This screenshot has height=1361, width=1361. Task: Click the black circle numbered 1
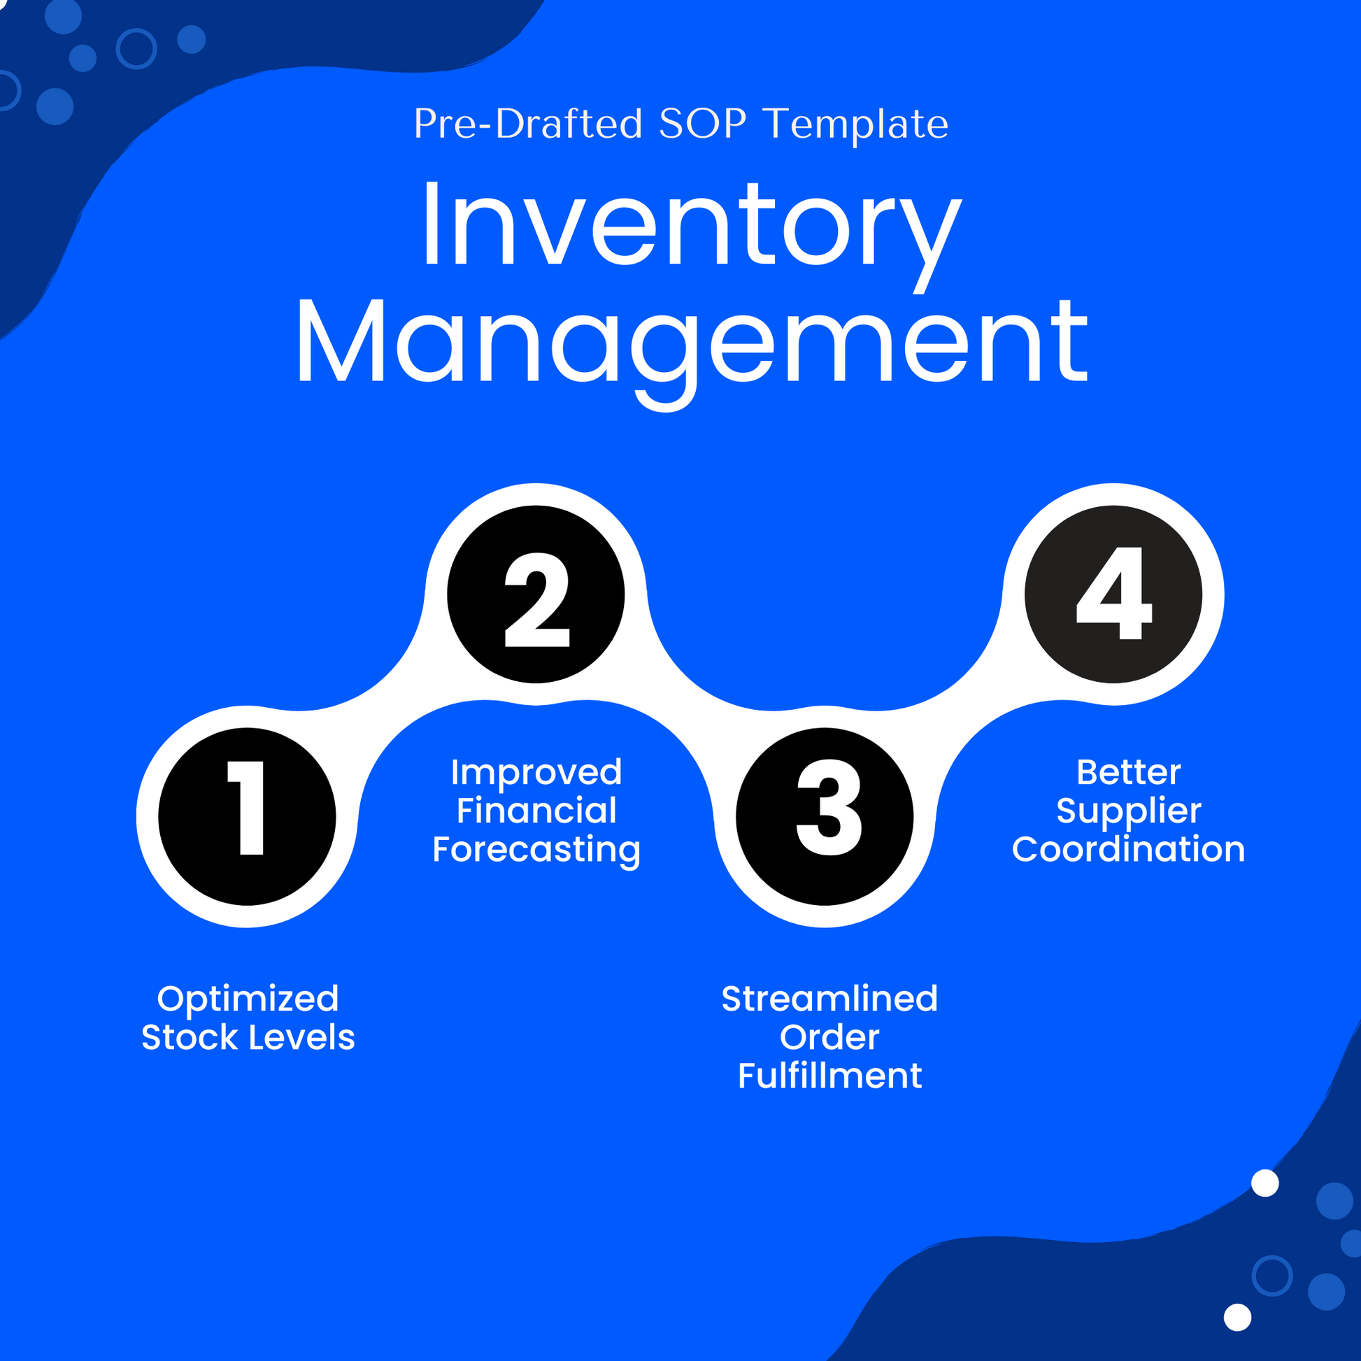pos(247,816)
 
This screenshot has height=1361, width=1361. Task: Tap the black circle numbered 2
pos(536,594)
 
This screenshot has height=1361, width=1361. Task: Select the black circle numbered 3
pos(824,816)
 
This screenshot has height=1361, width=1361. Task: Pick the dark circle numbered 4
pos(1113,594)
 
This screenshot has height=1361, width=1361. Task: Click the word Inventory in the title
pos(690,225)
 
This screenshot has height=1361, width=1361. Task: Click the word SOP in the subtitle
pos(702,124)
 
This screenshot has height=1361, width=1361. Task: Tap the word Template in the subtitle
pos(856,124)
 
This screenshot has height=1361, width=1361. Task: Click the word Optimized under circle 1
pos(248,999)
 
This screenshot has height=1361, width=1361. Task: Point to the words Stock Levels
pos(248,1038)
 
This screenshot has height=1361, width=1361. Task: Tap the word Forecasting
pos(536,850)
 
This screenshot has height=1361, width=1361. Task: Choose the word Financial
pos(536,811)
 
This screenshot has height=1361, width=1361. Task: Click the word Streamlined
pos(829,999)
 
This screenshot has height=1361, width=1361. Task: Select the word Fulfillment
pos(829,1076)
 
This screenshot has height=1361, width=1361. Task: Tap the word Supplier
pos(1129,811)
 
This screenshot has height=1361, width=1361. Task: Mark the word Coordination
pos(1129,850)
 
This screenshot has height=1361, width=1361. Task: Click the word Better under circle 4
pos(1129,772)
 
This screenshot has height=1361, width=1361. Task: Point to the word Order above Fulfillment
pos(829,1038)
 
